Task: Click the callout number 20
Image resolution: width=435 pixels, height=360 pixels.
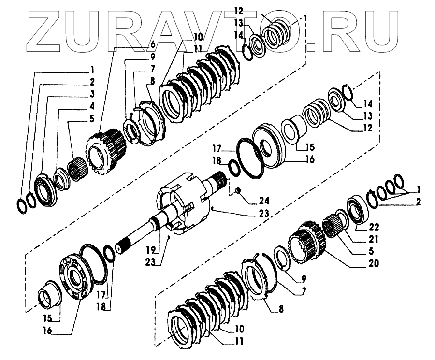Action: (x=373, y=264)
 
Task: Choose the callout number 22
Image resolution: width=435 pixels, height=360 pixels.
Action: (x=374, y=227)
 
